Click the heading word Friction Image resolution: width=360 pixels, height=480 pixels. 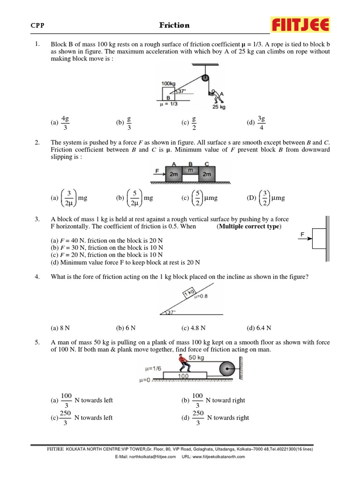[174, 25]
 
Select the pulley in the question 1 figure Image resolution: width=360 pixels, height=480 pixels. [205, 79]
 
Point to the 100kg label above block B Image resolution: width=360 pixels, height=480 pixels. [168, 83]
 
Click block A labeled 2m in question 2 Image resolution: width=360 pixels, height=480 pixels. [173, 174]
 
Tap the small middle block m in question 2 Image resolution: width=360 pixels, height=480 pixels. [190, 171]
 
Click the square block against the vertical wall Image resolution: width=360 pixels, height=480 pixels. [319, 238]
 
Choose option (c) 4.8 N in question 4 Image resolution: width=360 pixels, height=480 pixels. [193, 328]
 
